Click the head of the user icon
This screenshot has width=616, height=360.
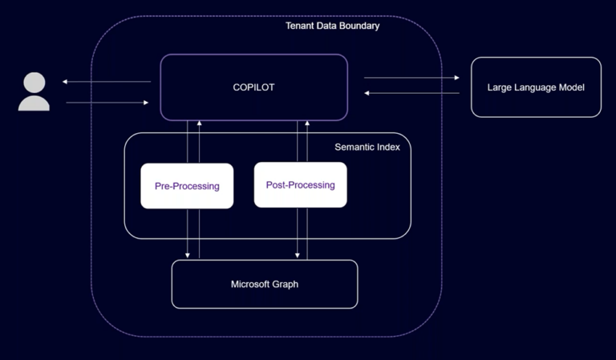(34, 82)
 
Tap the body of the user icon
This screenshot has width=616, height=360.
(34, 103)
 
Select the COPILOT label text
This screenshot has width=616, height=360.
(253, 87)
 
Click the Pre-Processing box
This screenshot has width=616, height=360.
(187, 186)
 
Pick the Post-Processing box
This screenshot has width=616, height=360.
(300, 185)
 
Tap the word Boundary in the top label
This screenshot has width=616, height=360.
(359, 26)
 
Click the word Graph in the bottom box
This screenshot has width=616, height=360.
(286, 284)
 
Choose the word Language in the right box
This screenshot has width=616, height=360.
(535, 87)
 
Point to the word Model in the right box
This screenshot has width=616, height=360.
(571, 87)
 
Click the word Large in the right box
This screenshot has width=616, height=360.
(500, 87)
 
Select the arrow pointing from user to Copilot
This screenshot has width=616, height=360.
(107, 103)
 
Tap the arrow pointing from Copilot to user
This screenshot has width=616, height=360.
(107, 82)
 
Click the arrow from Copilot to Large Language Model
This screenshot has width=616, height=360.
(411, 78)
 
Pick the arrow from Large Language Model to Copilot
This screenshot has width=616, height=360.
(411, 93)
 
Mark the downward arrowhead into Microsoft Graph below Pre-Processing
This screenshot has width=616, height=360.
(188, 256)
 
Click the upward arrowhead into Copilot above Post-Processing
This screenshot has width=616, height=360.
(307, 123)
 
